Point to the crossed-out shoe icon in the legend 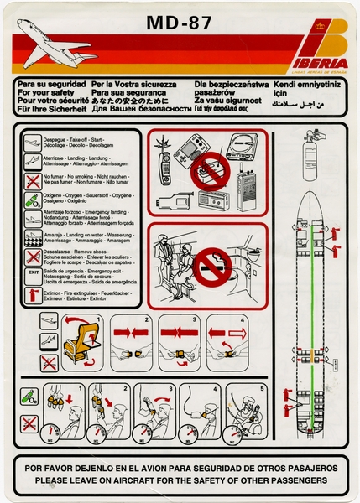point(31,255)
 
